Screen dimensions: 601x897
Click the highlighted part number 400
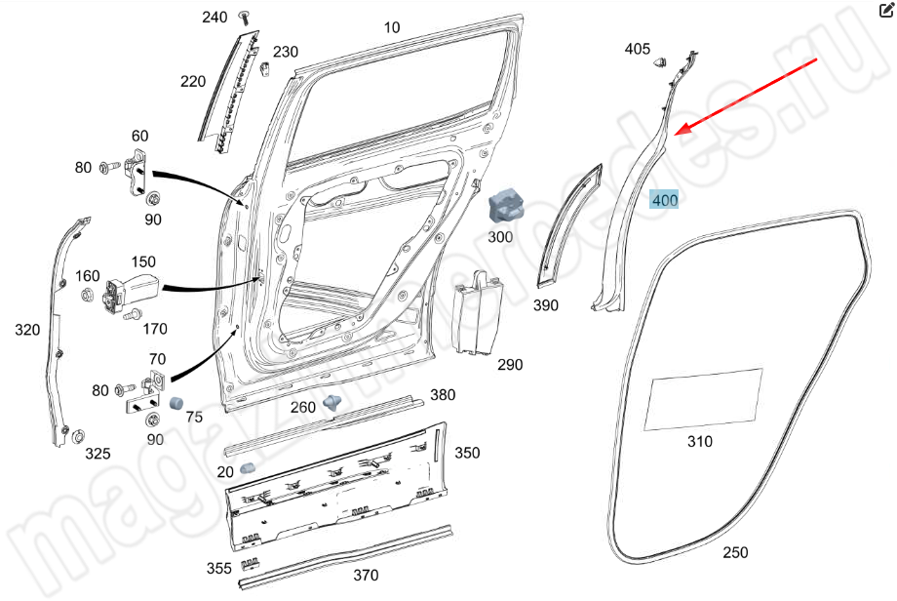tap(665, 201)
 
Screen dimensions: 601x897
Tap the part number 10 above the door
tap(392, 27)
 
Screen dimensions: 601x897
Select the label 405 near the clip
tap(637, 49)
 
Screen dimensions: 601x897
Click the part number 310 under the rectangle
tap(699, 441)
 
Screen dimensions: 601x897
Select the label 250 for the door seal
tap(735, 552)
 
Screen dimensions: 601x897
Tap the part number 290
tap(510, 365)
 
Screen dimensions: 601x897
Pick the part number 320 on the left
tap(27, 330)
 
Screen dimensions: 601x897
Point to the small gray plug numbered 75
tap(176, 402)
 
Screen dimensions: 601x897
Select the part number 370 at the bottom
tap(365, 575)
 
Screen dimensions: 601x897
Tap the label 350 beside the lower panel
tap(467, 453)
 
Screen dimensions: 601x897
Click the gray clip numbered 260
tap(332, 401)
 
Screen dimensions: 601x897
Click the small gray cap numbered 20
tap(247, 468)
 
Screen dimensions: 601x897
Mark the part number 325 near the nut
tap(97, 454)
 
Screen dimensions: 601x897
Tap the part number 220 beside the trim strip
tap(193, 82)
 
